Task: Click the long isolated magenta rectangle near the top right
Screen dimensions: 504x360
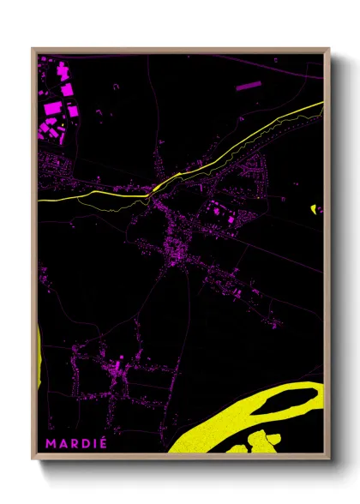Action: click(x=247, y=86)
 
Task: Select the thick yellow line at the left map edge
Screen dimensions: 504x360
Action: click(x=40, y=200)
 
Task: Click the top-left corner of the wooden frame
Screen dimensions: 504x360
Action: click(x=33, y=49)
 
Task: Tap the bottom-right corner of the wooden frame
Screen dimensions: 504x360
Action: click(x=329, y=459)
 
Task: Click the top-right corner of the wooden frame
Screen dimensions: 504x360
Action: click(x=329, y=49)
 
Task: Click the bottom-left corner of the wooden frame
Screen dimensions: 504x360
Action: click(x=33, y=459)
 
